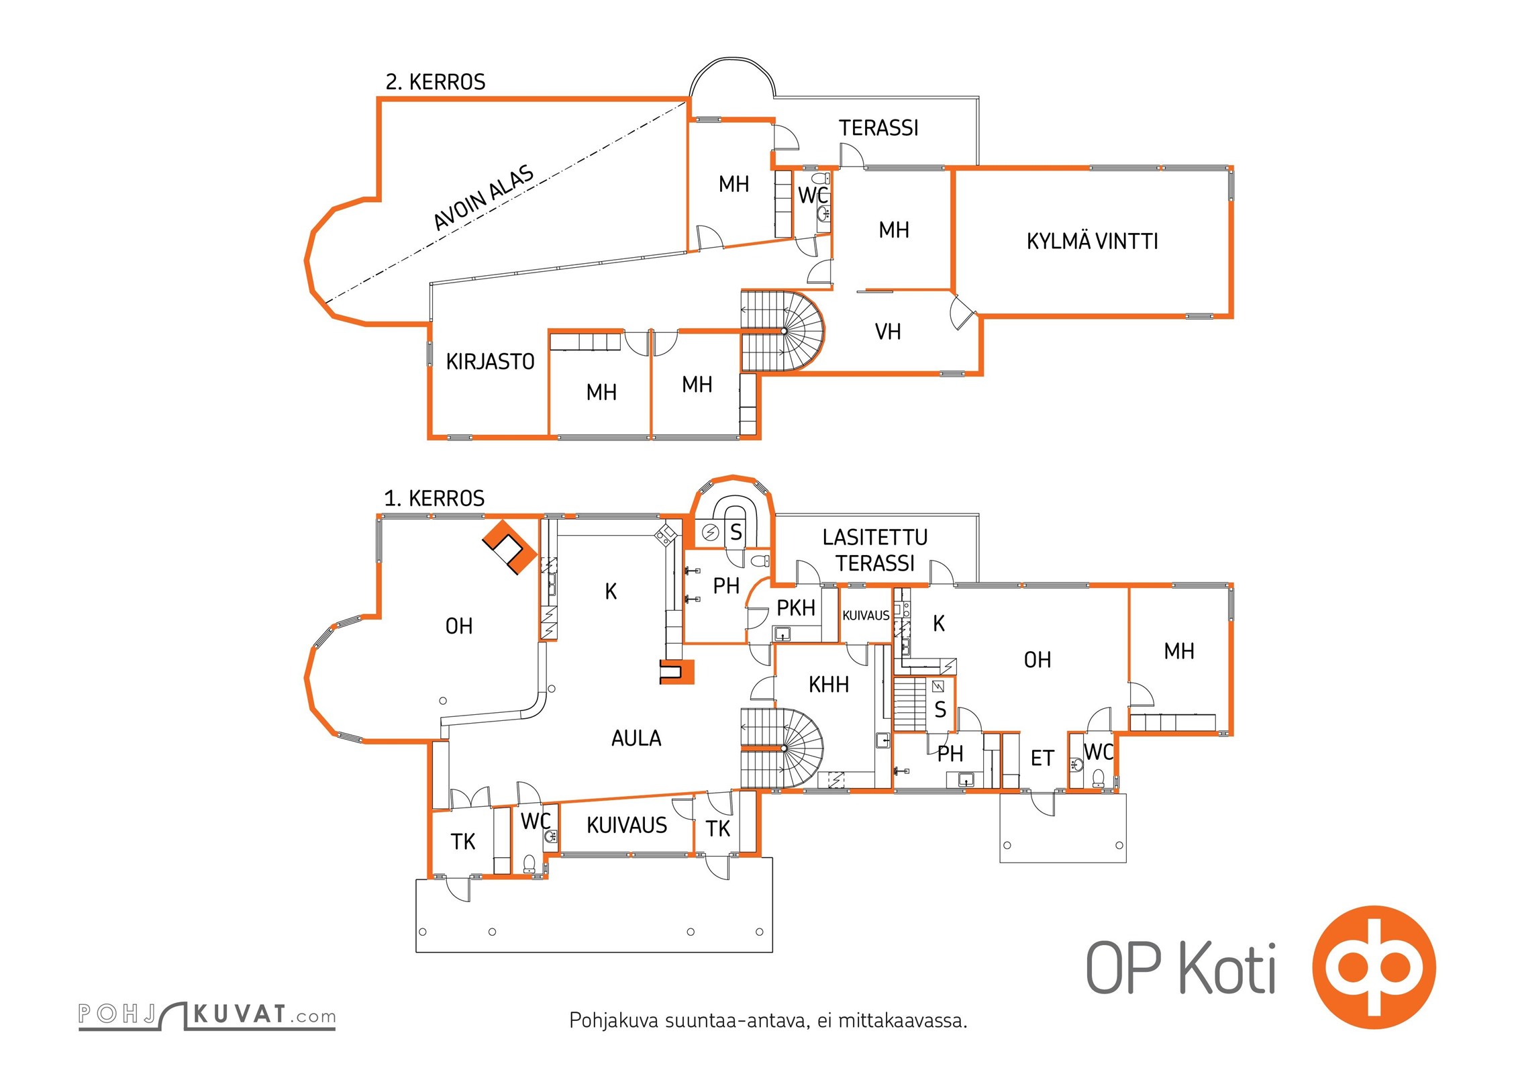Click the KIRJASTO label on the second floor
pyautogui.click(x=490, y=362)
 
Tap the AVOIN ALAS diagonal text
pyautogui.click(x=484, y=197)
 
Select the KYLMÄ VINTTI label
pyautogui.click(x=1092, y=242)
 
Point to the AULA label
pyautogui.click(x=636, y=739)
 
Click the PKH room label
pyautogui.click(x=796, y=608)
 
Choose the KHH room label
pyautogui.click(x=829, y=685)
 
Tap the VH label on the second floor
pyautogui.click(x=888, y=332)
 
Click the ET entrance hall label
pyautogui.click(x=1042, y=759)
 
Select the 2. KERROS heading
pyautogui.click(x=435, y=82)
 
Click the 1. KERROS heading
pyautogui.click(x=434, y=499)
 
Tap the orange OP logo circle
pyautogui.click(x=1374, y=967)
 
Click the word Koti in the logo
pyautogui.click(x=1227, y=969)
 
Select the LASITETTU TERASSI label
pyautogui.click(x=875, y=550)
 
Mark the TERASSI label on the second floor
pyautogui.click(x=878, y=128)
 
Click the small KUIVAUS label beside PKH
pyautogui.click(x=866, y=616)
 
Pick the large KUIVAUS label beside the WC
pyautogui.click(x=627, y=826)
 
